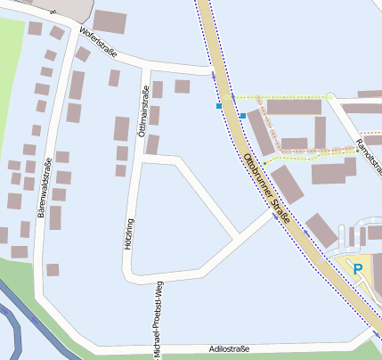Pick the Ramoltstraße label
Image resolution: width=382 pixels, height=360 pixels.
coord(365,133)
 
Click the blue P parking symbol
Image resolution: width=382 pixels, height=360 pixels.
coord(358,268)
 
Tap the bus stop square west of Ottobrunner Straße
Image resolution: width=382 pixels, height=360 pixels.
coord(219,106)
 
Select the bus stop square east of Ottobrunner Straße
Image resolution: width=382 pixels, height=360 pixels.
coord(242,116)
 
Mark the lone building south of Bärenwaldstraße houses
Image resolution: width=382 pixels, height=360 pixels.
coord(53,269)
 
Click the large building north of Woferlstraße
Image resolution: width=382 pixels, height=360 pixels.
coord(110,21)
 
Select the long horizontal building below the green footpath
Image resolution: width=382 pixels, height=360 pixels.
coord(293,107)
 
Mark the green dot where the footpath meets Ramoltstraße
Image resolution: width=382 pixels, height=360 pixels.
coord(329,95)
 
